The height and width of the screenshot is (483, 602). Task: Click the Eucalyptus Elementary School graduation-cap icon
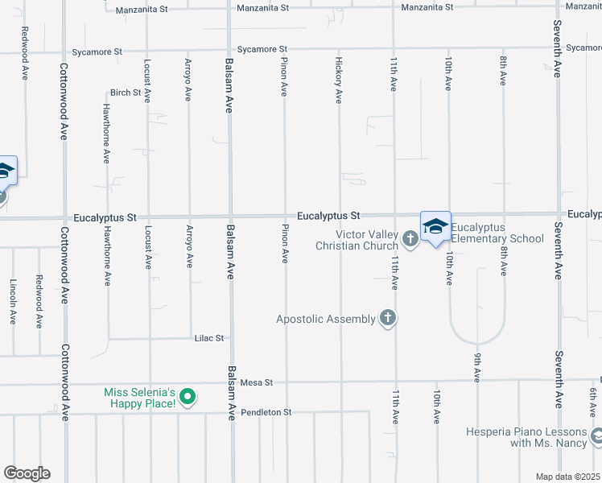pos(435,226)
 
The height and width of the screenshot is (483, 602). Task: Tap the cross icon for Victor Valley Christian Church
pos(410,238)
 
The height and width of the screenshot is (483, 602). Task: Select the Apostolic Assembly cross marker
pos(388,318)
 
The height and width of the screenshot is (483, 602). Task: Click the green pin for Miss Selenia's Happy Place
pos(187,396)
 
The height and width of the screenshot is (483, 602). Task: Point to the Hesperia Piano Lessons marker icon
pos(596,436)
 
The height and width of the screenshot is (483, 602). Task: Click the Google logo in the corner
pos(27,473)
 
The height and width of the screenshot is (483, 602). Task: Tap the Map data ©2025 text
pos(567,477)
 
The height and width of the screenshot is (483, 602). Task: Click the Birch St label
pos(126,93)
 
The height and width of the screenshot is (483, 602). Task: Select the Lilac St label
pos(208,339)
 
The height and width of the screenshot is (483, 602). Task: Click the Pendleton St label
pos(267,412)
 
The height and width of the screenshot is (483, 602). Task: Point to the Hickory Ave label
pos(339,80)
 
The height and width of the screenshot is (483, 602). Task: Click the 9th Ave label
pos(477,366)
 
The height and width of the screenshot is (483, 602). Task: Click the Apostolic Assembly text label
pos(326,319)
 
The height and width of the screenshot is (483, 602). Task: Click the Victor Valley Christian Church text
pos(357,239)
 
